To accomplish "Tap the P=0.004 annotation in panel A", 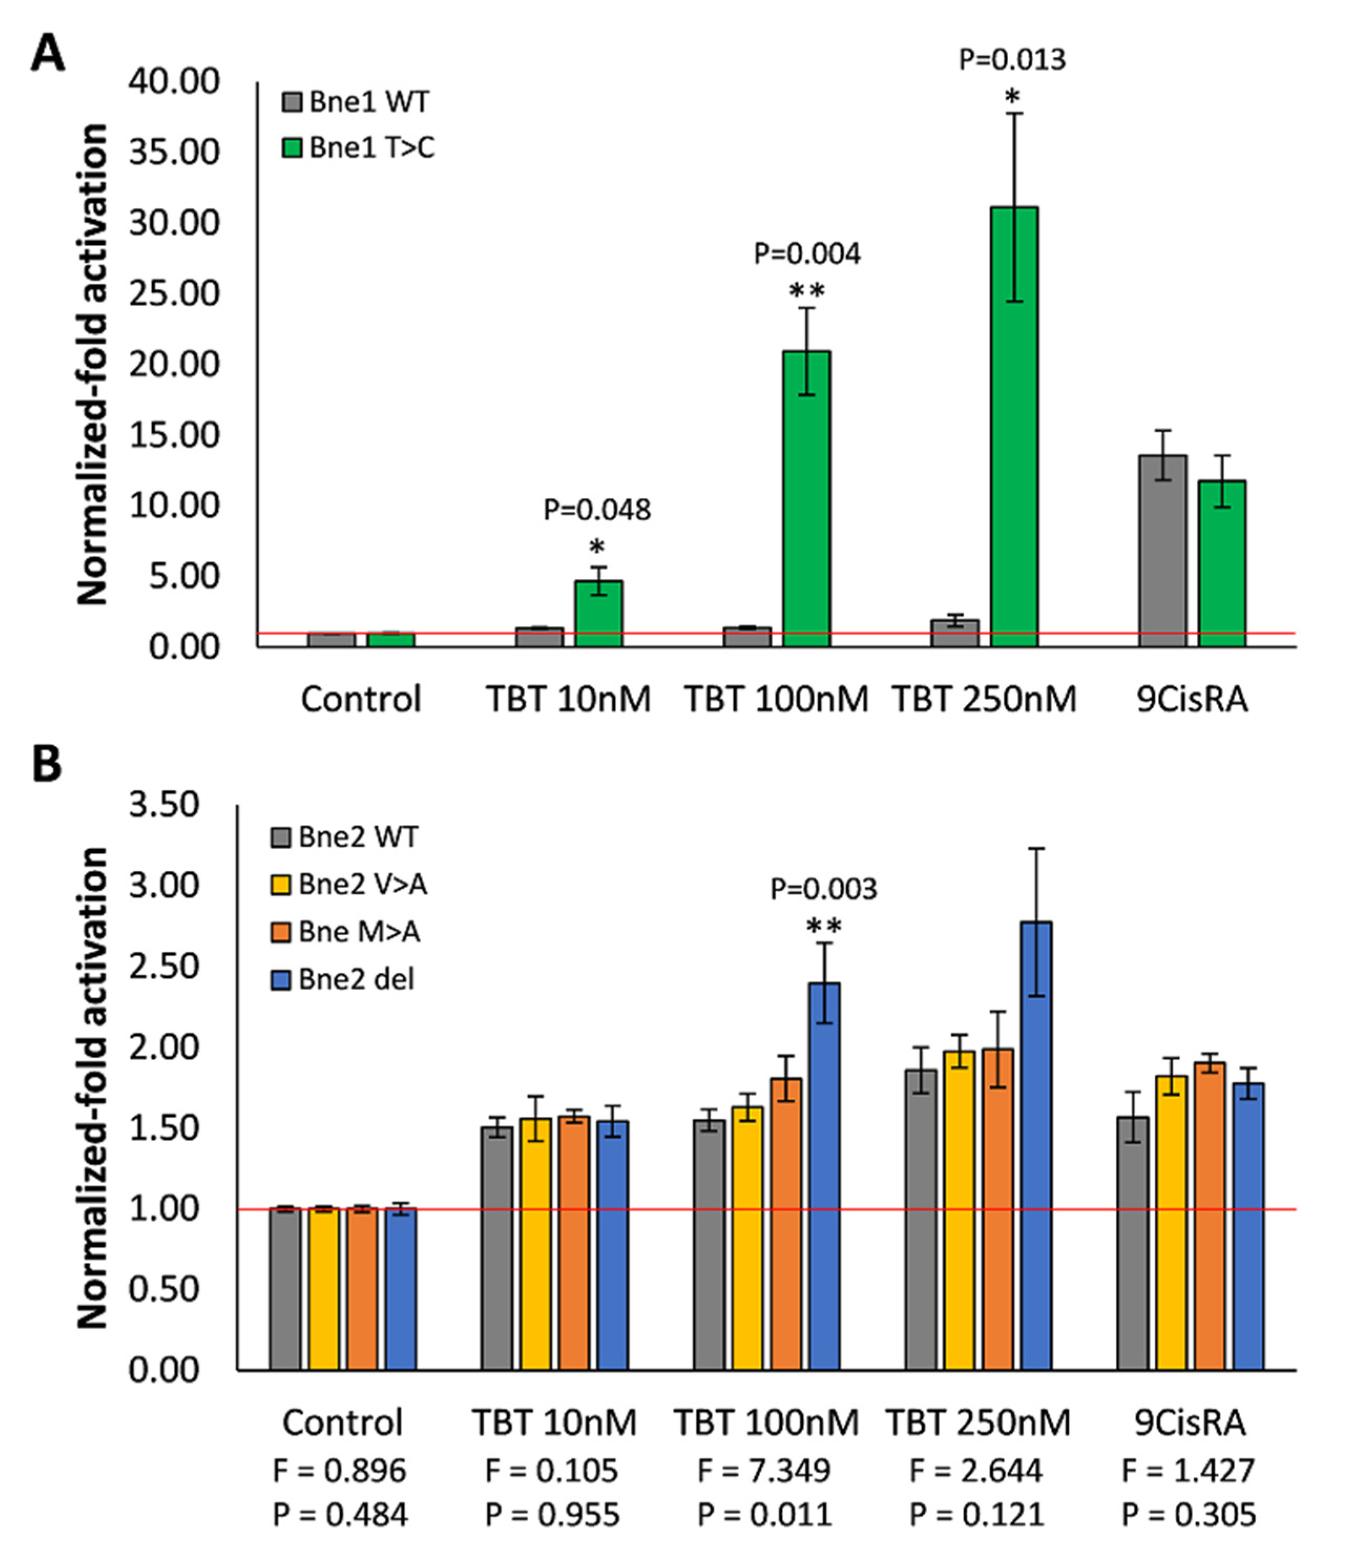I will pyautogui.click(x=807, y=255).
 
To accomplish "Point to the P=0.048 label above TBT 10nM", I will pyautogui.click(x=597, y=510).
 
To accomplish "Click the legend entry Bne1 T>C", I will pyautogui.click(x=358, y=148).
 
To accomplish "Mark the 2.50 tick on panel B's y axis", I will pyautogui.click(x=164, y=967).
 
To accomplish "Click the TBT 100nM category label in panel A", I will pyautogui.click(x=776, y=699).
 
